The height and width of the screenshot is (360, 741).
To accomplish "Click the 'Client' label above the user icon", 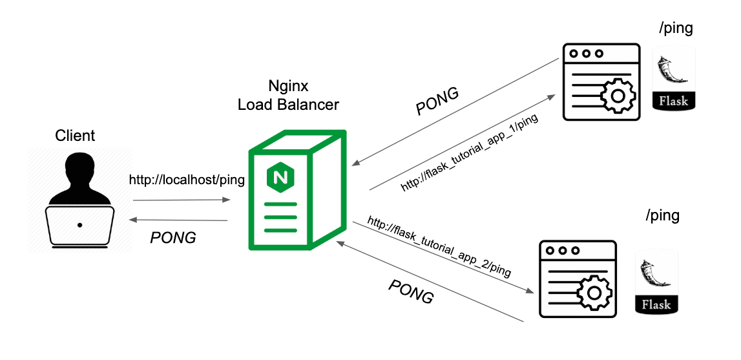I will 75,136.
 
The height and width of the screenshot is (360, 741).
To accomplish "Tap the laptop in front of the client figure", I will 79,226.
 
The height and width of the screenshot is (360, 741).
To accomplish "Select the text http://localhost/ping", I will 187,180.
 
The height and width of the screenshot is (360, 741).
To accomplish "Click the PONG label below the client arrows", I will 172,238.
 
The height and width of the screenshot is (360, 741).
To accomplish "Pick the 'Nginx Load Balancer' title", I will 288,96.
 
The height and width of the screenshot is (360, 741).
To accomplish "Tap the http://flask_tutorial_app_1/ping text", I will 469,154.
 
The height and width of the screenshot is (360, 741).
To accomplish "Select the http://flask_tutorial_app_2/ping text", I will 439,247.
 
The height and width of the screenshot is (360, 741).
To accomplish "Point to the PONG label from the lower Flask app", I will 411,291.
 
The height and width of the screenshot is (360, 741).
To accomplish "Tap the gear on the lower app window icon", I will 592,293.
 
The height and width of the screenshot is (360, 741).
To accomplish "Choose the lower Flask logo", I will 656,282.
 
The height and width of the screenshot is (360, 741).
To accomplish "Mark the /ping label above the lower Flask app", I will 662,215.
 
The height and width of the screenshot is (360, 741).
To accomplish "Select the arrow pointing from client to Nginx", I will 182,200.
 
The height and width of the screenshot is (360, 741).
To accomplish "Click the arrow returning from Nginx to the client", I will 179,221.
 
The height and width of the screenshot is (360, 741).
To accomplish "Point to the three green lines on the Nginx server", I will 280,216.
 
